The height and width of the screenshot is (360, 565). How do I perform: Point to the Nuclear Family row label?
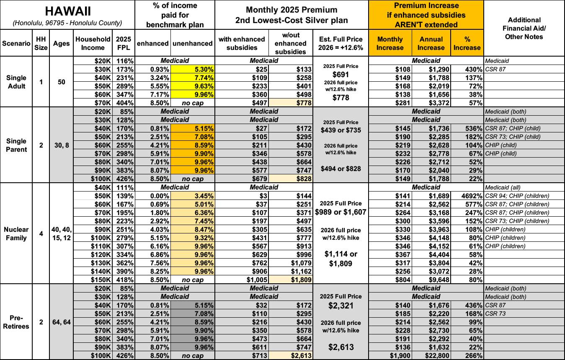(16, 233)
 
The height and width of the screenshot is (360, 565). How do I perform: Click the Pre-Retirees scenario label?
(16, 321)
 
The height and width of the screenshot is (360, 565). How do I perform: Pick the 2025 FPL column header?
(124, 43)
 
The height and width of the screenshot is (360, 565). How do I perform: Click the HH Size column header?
(41, 43)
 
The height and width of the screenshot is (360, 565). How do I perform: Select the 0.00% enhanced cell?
(158, 196)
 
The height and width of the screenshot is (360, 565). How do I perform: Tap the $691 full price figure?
(340, 75)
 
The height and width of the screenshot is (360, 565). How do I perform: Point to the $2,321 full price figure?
(340, 306)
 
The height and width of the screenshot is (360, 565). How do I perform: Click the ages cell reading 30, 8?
(61, 145)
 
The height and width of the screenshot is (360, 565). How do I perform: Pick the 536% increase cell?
(472, 128)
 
